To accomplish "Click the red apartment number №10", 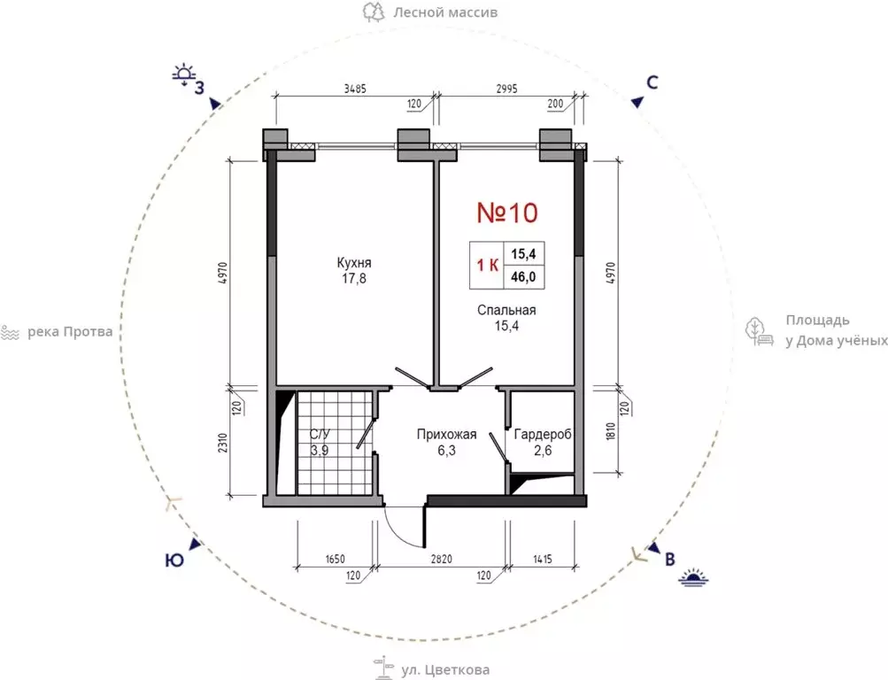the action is point(507,212).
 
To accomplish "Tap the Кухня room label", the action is point(354,263).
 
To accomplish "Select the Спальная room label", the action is point(506,310).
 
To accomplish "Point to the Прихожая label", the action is point(446,434).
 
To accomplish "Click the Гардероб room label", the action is point(543,434).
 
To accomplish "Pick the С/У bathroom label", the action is point(320,434).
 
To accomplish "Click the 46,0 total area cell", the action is point(523,278).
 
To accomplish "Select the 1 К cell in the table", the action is point(487,265).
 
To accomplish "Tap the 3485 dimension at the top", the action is point(355,89).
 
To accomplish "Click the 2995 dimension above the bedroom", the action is point(506,89).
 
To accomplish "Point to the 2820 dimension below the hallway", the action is point(441,560).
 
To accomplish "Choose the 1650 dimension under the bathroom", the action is point(335,560).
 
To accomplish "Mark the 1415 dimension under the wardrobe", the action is point(542,560).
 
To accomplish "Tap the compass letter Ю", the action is point(174,560).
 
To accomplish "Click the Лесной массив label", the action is point(445,12).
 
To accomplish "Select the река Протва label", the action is point(70,332).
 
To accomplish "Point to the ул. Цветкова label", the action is point(445,670).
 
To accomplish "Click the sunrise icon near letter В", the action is point(694,577).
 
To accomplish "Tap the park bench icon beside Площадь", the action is point(760,332).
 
